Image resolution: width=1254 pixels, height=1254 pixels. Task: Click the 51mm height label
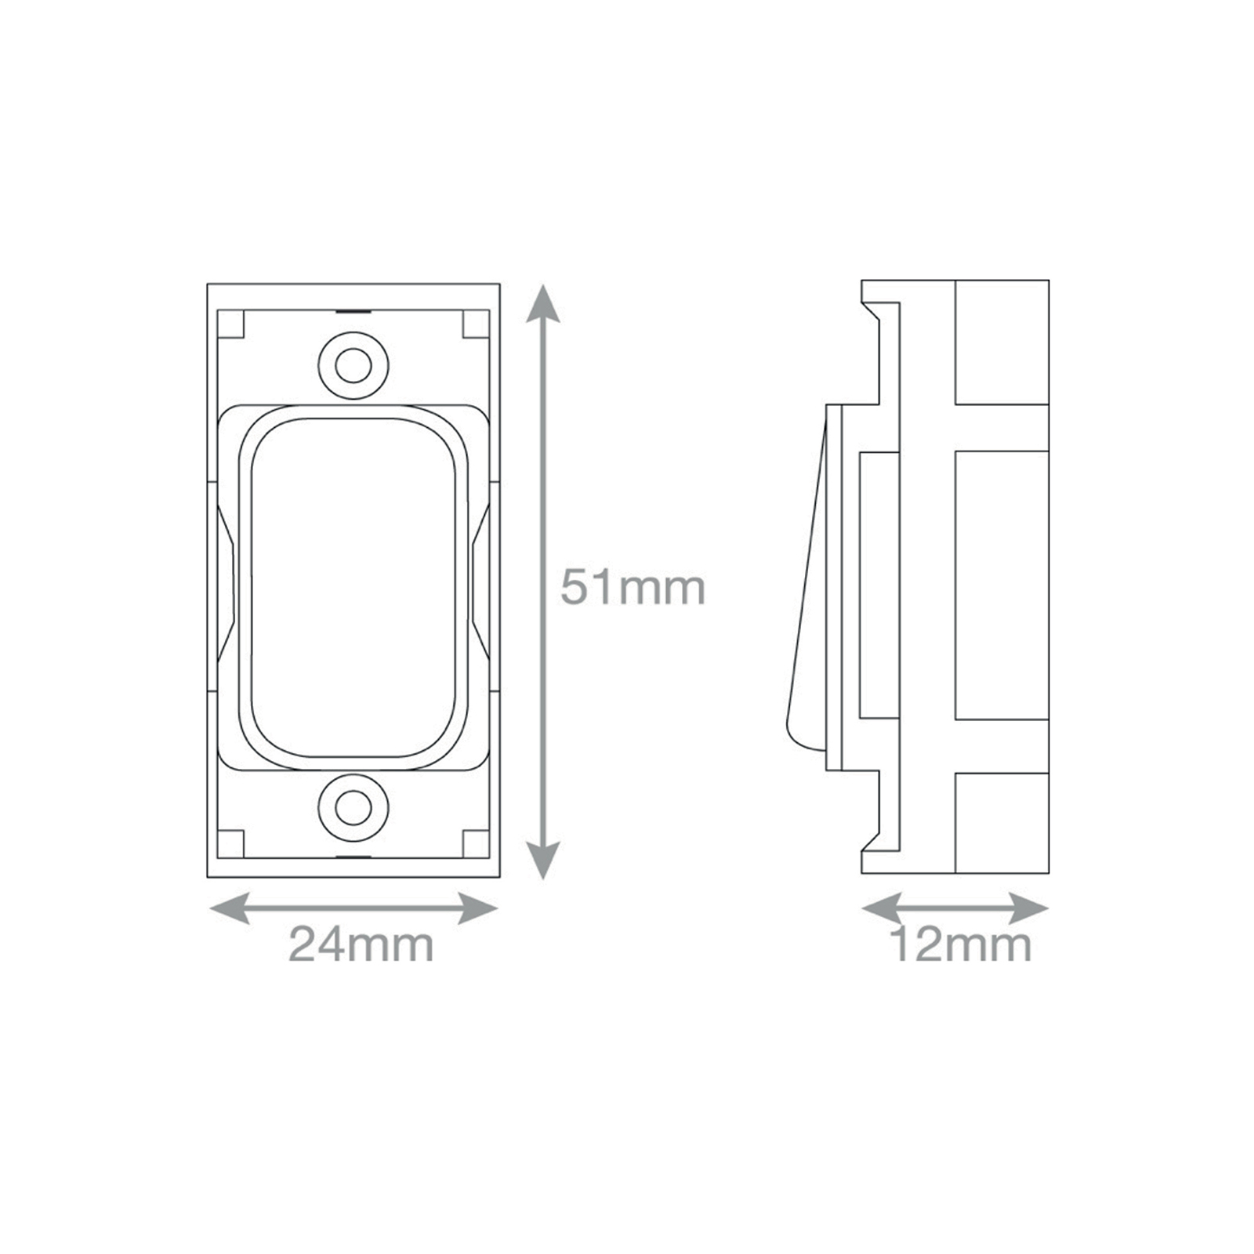click(633, 588)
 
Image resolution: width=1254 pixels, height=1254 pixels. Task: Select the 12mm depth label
click(961, 945)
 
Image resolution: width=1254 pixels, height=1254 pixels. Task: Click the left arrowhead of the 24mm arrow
click(230, 909)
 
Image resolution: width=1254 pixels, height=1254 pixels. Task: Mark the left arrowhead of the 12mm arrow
click(882, 909)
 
